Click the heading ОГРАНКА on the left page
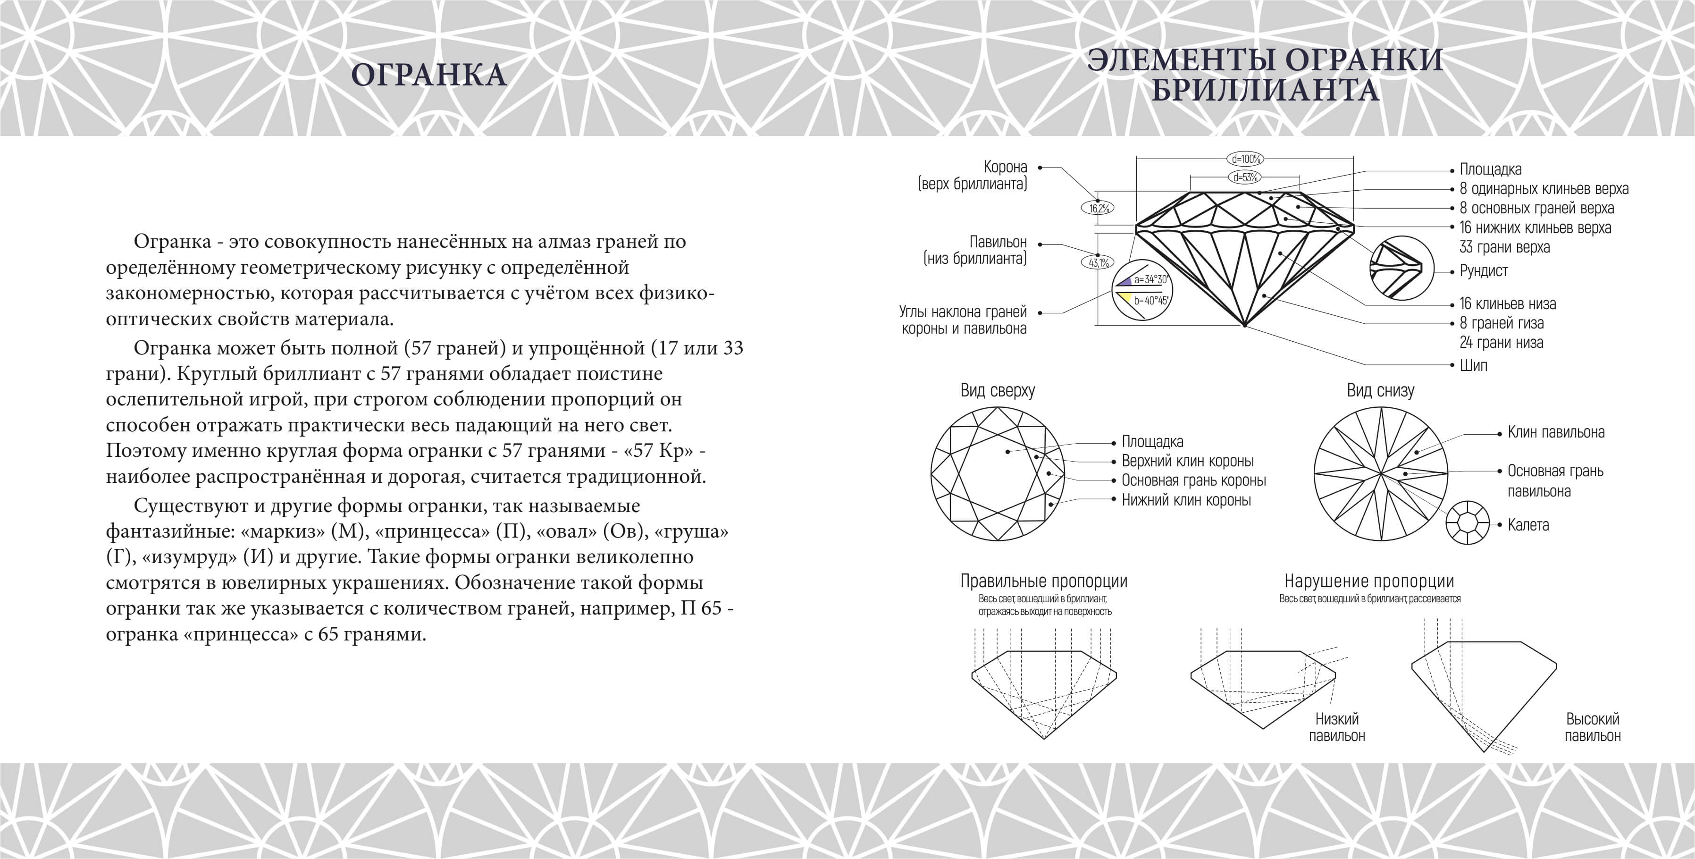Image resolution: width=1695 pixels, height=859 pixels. click(x=429, y=75)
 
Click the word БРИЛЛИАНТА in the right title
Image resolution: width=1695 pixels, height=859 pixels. click(x=1265, y=90)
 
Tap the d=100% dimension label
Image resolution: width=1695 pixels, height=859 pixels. click(x=1245, y=159)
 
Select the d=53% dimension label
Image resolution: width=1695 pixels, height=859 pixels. click(x=1245, y=177)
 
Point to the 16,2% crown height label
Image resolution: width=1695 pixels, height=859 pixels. click(x=1098, y=209)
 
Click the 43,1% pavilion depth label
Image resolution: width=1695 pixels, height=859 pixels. click(x=1098, y=262)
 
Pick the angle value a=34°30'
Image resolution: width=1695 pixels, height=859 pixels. click(x=1150, y=279)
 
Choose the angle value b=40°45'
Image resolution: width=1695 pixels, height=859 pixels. click(x=1150, y=300)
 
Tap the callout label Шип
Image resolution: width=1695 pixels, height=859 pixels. click(x=1473, y=365)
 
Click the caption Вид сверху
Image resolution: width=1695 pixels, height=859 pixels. click(x=998, y=391)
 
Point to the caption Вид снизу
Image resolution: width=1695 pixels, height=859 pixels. click(x=1380, y=391)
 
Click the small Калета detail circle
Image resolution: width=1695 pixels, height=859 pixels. click(x=1468, y=522)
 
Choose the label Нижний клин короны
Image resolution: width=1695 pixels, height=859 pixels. click(x=1186, y=500)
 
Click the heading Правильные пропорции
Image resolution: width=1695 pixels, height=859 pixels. click(x=1044, y=581)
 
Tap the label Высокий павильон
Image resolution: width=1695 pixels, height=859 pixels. click(x=1592, y=727)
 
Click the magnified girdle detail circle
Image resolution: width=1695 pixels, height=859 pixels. click(x=1401, y=269)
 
